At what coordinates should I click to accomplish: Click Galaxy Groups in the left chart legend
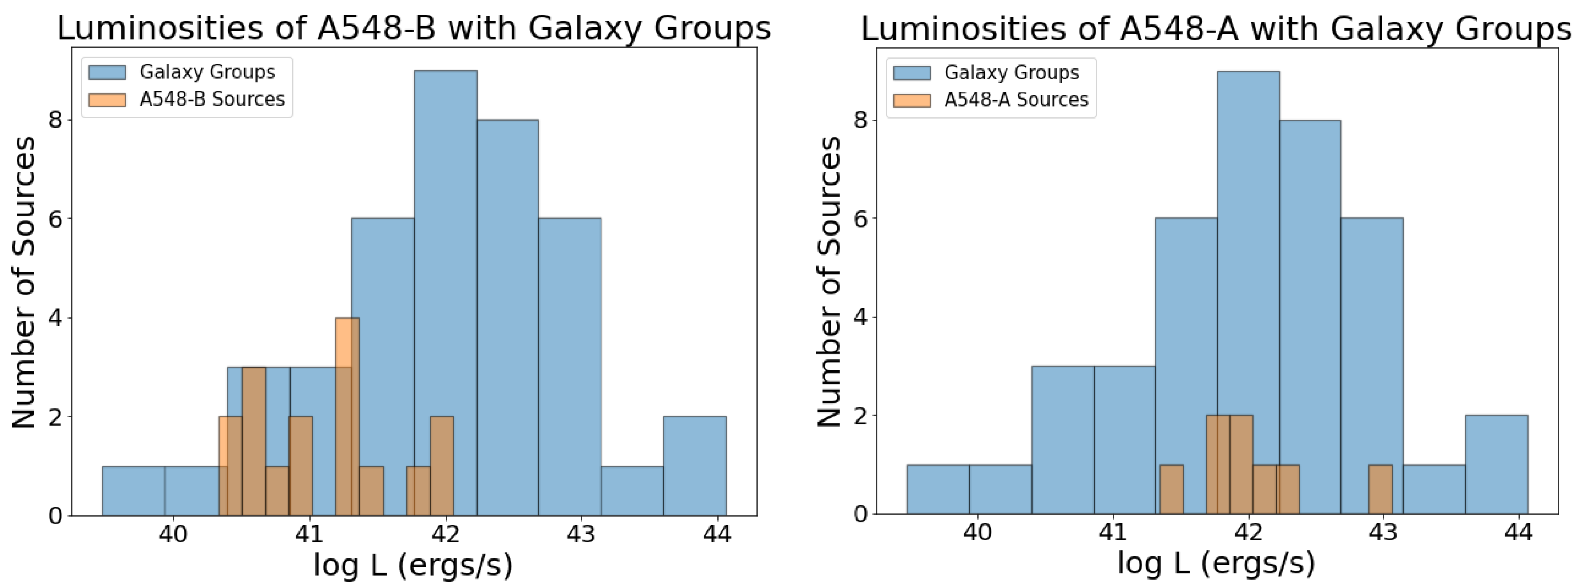tap(207, 72)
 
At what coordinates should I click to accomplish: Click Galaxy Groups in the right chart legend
tap(1011, 72)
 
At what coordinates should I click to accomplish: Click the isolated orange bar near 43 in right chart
tap(1381, 490)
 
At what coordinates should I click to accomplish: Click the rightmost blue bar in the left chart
tap(695, 465)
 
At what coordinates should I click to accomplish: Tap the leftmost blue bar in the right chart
tap(938, 490)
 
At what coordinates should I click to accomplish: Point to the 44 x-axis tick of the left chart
tap(717, 535)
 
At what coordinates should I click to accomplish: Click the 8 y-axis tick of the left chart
tap(56, 120)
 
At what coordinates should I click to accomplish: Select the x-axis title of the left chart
tap(413, 565)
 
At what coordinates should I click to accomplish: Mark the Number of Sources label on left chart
tap(23, 282)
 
